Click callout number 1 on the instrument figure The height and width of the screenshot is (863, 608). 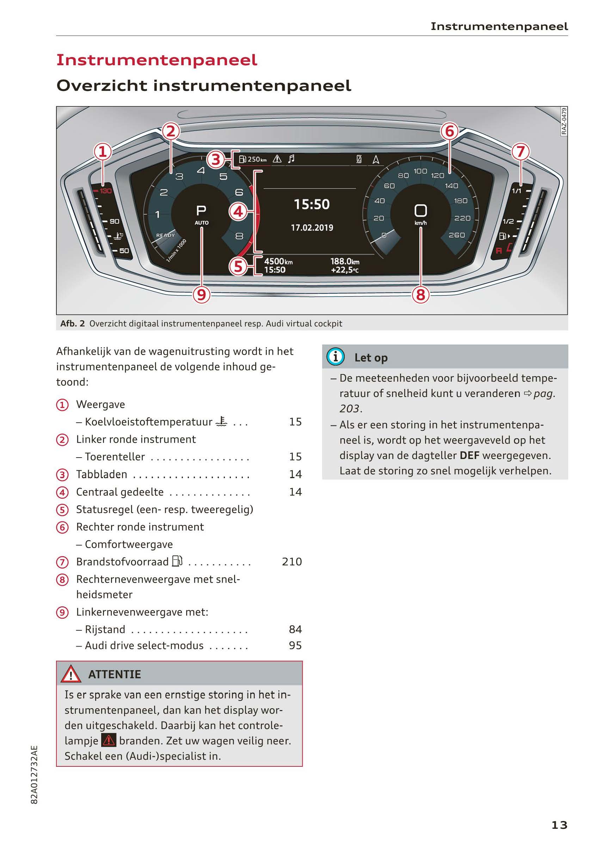coord(103,152)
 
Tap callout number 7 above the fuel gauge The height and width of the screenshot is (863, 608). coord(521,152)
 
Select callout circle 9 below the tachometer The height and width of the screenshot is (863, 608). coord(201,295)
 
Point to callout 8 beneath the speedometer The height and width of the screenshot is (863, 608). coord(420,295)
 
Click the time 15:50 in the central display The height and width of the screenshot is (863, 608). coord(312,204)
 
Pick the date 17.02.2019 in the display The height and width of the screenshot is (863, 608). coord(312,228)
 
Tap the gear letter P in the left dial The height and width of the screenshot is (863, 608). coord(201,210)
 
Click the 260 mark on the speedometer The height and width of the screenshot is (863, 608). coord(456,235)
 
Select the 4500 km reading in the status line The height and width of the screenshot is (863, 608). coord(278,262)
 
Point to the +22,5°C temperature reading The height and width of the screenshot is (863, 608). coord(345,270)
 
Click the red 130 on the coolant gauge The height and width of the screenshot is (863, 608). coord(105,191)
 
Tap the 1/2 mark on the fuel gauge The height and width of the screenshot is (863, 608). coord(508,221)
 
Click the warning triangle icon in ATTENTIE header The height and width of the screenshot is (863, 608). coord(70,675)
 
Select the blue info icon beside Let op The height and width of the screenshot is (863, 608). coord(335,356)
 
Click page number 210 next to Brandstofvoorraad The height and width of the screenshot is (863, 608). coord(291,562)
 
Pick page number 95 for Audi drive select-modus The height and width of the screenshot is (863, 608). coord(295,645)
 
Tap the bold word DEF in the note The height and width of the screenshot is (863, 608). coord(469,455)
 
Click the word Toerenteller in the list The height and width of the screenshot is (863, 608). coord(115,457)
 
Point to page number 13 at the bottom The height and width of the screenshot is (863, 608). coord(559,825)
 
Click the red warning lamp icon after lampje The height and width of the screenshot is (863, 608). coord(109,740)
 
